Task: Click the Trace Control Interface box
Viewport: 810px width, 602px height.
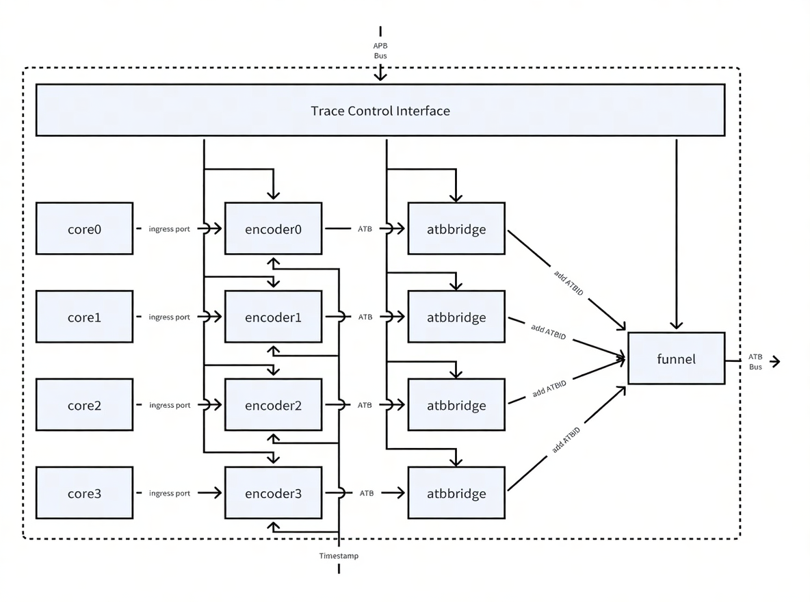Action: pos(380,111)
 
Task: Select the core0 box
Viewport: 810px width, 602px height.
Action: pos(84,228)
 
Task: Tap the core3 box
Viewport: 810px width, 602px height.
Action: pos(84,493)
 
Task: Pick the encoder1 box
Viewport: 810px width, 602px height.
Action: pos(273,317)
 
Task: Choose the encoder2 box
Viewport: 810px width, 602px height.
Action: pos(273,405)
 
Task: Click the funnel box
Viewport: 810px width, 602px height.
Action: pos(676,358)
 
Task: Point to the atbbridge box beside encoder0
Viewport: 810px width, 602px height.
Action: pos(456,228)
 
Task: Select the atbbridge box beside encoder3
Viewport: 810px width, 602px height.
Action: pos(456,493)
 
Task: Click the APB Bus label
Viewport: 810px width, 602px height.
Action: pos(380,51)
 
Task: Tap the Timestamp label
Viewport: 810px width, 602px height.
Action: pos(339,556)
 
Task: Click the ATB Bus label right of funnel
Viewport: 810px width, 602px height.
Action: pos(755,362)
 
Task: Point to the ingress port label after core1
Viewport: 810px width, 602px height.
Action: pos(170,317)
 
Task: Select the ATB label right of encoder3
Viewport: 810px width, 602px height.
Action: pos(366,493)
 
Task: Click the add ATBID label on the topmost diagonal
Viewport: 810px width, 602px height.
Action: pos(569,283)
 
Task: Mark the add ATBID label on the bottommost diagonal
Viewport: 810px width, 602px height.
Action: pos(566,441)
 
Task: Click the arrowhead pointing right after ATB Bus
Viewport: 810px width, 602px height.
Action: pos(775,362)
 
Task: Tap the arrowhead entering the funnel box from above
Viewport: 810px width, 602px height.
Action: pos(676,326)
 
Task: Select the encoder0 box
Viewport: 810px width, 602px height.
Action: pos(273,228)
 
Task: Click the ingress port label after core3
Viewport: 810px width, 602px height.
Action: pos(170,493)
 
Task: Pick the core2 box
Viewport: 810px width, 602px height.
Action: pos(84,405)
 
